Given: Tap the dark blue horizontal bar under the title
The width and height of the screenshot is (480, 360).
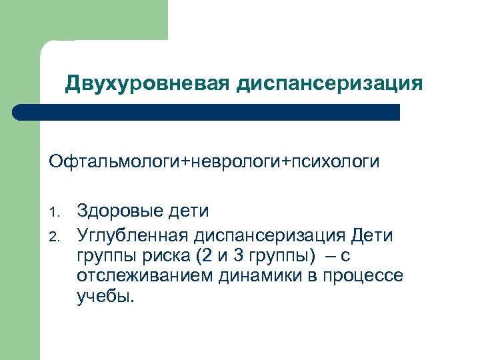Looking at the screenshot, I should click(x=207, y=111).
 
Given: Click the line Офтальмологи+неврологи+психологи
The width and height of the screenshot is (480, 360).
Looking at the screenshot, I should click(x=213, y=162).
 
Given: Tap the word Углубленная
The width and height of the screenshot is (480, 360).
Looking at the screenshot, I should click(x=133, y=235).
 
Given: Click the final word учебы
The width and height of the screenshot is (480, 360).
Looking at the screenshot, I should click(x=105, y=297).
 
